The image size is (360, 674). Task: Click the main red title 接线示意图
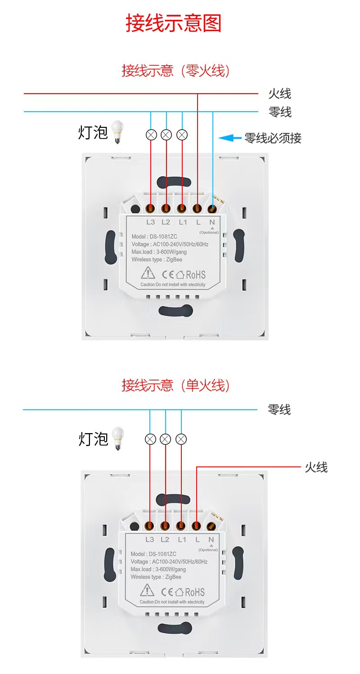click(x=174, y=23)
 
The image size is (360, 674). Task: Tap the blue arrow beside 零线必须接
click(x=230, y=138)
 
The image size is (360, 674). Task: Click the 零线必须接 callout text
click(x=273, y=138)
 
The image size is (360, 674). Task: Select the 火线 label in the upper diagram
click(x=280, y=94)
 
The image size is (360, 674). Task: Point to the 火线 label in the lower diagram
click(x=316, y=467)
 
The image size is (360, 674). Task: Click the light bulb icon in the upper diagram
click(x=117, y=131)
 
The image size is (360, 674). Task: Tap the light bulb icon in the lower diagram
click(x=117, y=438)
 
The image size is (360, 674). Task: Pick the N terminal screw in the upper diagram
click(x=212, y=208)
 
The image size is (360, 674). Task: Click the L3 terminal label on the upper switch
click(x=150, y=222)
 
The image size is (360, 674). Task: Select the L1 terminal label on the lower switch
click(x=182, y=539)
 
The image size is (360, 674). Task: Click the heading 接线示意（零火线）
click(x=175, y=71)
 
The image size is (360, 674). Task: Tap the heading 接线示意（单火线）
click(x=175, y=385)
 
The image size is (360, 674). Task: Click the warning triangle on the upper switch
click(x=148, y=272)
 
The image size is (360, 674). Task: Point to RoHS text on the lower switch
click(x=195, y=592)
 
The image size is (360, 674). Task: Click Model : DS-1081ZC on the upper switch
click(x=154, y=236)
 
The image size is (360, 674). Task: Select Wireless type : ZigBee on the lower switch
click(x=156, y=577)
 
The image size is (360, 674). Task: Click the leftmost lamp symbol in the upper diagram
click(x=151, y=135)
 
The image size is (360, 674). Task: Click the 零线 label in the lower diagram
click(x=279, y=410)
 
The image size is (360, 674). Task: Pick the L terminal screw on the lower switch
click(x=196, y=526)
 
